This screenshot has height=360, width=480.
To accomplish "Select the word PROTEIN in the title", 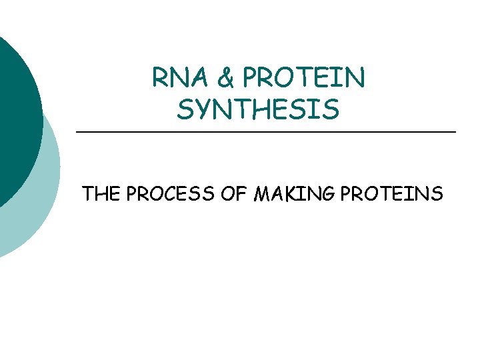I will point(304,79).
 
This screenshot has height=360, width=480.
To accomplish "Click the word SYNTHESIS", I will point(258,109).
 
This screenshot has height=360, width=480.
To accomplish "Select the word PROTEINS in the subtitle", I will point(392,194).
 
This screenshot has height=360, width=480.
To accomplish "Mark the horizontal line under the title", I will point(267,133).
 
